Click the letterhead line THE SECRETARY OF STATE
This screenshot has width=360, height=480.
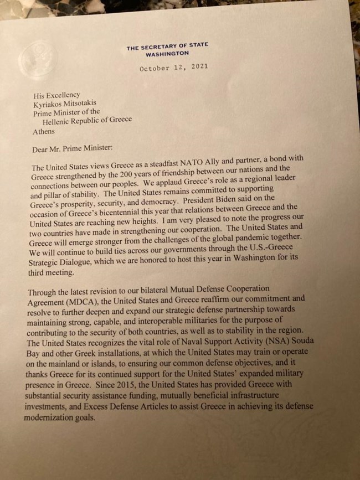(167, 48)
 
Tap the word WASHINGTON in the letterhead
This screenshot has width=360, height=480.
(167, 54)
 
